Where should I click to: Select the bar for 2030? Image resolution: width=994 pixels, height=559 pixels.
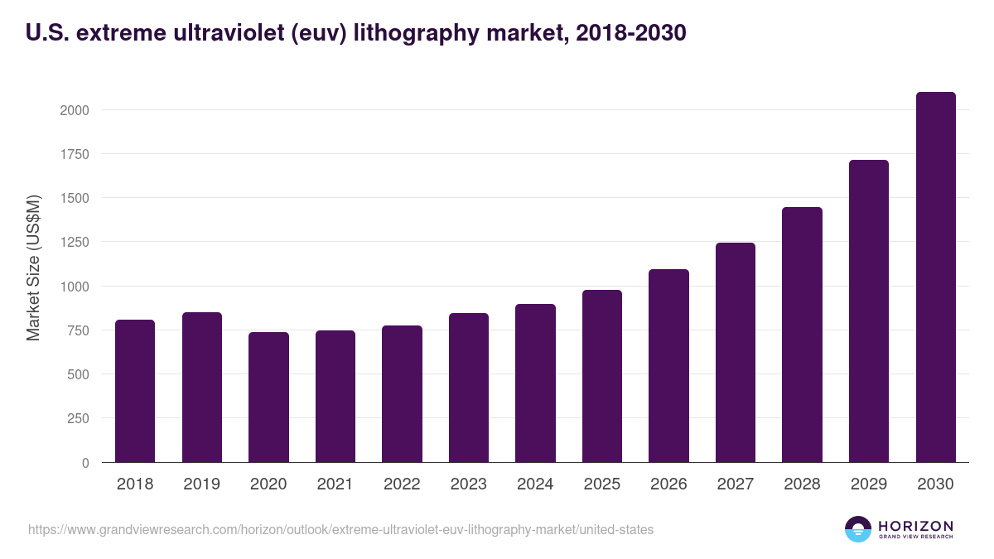935,277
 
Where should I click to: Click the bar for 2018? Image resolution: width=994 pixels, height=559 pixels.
135,391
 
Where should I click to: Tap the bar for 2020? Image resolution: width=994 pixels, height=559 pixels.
268,398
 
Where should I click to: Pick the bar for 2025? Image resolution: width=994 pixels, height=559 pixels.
602,376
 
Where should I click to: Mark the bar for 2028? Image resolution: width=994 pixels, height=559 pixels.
802,335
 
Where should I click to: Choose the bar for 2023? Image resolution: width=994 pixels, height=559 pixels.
469,388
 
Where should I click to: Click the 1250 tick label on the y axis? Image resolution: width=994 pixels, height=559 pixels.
75,243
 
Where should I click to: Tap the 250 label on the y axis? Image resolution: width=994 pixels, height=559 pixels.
79,419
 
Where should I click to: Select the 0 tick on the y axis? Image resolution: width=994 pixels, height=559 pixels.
85,463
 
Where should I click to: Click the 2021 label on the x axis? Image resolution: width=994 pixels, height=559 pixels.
335,484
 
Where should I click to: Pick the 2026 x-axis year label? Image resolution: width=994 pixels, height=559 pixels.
668,484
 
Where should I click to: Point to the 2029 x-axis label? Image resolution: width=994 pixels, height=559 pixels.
869,484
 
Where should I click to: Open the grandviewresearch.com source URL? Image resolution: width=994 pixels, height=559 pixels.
340,529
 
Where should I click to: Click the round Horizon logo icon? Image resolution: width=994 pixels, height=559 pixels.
858,529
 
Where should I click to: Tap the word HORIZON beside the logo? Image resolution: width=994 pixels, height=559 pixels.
915,525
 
